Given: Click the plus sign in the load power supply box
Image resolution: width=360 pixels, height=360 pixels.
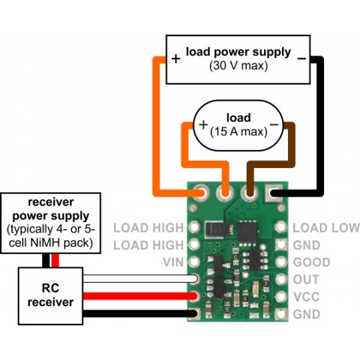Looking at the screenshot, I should [x=175, y=58].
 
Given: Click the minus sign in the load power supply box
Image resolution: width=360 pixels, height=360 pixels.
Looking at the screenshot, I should [x=301, y=58].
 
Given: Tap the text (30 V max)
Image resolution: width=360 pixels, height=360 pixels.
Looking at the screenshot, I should [x=238, y=66].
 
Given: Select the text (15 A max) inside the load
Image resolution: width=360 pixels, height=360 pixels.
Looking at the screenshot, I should [x=238, y=131].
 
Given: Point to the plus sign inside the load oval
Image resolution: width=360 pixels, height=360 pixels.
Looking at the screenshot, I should [x=203, y=125].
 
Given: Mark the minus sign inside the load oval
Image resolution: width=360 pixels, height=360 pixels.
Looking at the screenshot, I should [x=273, y=125].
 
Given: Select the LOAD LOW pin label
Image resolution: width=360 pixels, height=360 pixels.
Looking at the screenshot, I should [x=326, y=228].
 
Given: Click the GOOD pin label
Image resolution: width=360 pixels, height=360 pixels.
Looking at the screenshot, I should [x=310, y=263].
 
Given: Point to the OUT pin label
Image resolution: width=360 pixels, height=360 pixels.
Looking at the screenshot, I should [x=306, y=280].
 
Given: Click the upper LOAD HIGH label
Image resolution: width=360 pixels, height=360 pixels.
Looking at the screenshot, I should [x=148, y=228].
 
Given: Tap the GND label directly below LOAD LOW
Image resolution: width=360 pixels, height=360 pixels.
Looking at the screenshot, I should [x=306, y=245].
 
